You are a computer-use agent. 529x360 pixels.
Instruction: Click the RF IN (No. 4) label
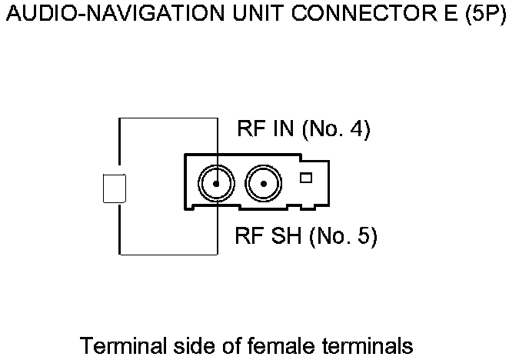(x=304, y=130)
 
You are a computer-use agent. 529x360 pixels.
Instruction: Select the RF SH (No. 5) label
(x=305, y=237)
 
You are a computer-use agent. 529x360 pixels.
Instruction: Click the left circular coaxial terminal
(x=216, y=184)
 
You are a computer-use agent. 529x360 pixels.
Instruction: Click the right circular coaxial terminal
(x=263, y=184)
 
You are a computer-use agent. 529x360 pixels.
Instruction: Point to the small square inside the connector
(x=306, y=178)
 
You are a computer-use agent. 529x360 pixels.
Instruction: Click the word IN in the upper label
(x=284, y=130)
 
